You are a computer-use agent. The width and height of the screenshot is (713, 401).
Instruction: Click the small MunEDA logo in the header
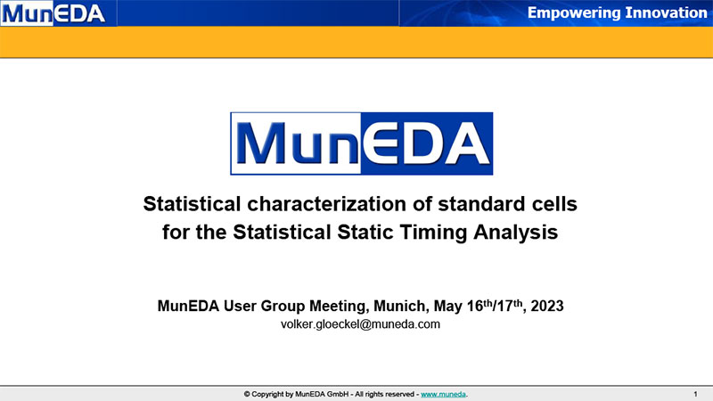click(53, 12)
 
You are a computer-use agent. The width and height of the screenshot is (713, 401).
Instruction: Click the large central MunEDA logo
click(362, 143)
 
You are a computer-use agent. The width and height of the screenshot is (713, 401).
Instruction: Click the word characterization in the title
click(327, 204)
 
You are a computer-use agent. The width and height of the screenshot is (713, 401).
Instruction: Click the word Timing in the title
click(434, 233)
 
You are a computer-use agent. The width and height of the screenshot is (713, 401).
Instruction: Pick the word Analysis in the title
click(516, 233)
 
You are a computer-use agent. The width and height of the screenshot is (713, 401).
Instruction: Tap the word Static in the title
click(365, 232)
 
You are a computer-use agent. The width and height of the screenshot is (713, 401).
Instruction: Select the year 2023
click(547, 306)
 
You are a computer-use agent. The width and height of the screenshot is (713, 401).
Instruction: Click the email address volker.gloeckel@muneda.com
click(360, 324)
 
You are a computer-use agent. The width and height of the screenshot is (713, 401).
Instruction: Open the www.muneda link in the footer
click(443, 394)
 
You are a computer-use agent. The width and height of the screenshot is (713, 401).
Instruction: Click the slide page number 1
click(695, 394)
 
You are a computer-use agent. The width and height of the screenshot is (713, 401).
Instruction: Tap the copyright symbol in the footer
click(247, 394)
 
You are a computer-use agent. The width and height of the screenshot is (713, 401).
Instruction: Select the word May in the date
click(448, 307)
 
